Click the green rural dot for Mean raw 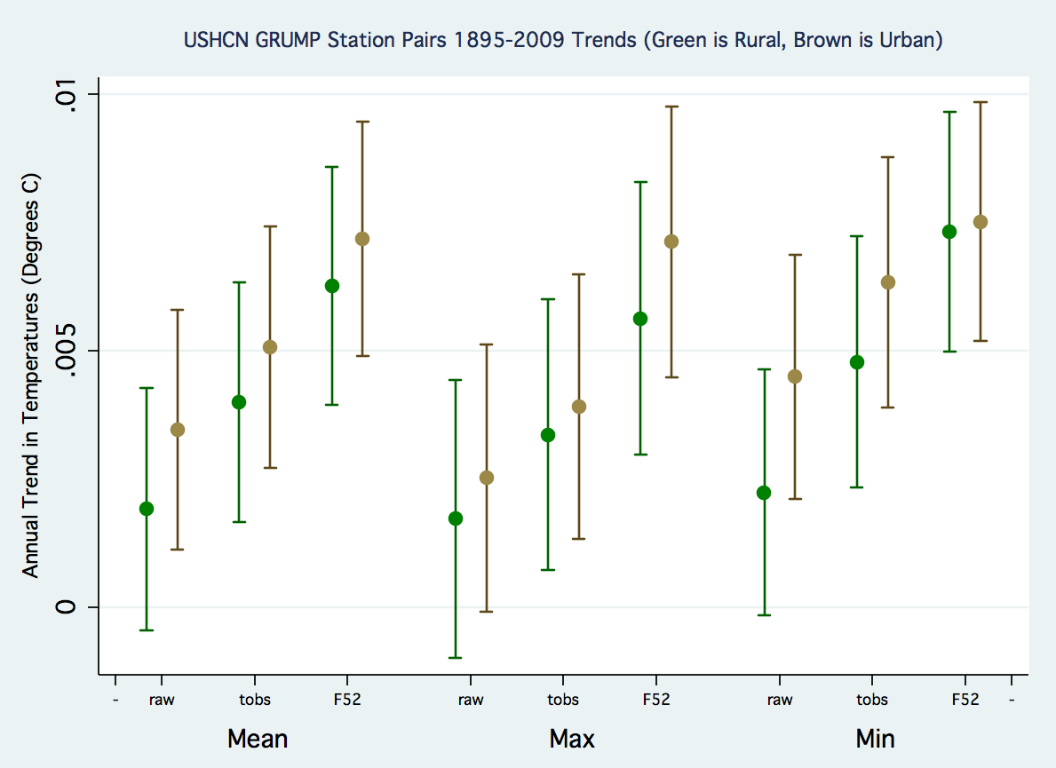pos(147,509)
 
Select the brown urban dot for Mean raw pos(178,430)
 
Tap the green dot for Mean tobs pos(239,402)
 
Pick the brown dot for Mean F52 pos(362,239)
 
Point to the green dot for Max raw pos(456,519)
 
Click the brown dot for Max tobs pos(579,407)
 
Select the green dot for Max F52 pos(640,319)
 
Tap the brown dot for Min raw pos(795,376)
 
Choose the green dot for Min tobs pos(857,362)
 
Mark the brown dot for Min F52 pos(981,222)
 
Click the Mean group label pos(258,739)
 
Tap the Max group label pos(572,739)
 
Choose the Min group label pos(875,739)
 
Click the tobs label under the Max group pos(563,700)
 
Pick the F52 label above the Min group pos(965,700)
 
